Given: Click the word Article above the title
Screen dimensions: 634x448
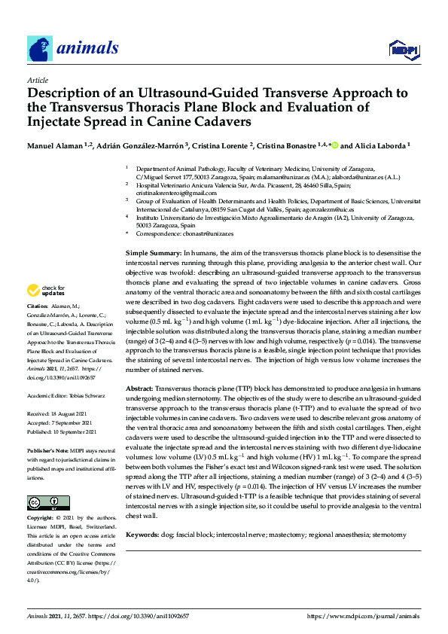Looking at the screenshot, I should pos(37,80).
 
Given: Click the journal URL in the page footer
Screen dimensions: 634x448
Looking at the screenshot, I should pos(364,615).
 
